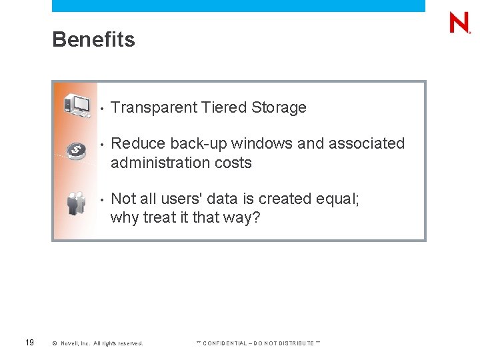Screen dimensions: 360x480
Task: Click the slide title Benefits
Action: (93, 40)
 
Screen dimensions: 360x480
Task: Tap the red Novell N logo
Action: (459, 23)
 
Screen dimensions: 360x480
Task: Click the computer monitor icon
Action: (77, 105)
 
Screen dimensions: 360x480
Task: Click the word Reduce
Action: (138, 143)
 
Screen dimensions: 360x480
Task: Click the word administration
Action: (158, 163)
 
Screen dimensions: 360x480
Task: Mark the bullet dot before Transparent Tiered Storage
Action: (100, 108)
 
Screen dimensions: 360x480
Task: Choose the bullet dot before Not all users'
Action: (100, 199)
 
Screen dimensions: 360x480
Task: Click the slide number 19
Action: (29, 343)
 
